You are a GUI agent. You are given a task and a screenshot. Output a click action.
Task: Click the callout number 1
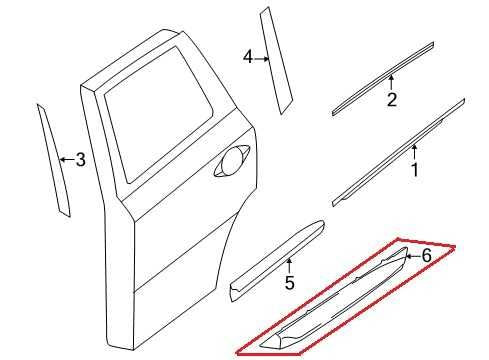click(x=414, y=170)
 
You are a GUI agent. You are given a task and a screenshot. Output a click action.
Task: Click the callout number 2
click(x=392, y=100)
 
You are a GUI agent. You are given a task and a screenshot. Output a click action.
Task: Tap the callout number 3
click(x=80, y=159)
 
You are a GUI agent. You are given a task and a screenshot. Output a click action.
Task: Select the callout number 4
click(x=247, y=58)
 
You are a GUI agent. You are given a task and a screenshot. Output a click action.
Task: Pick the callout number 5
click(x=289, y=284)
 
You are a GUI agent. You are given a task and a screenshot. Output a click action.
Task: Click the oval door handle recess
click(x=233, y=163)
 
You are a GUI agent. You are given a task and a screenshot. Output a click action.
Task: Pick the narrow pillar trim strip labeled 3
click(x=53, y=160)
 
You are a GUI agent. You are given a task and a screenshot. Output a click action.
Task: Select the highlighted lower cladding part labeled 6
click(x=340, y=305)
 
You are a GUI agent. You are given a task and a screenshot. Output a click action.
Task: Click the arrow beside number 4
click(x=262, y=58)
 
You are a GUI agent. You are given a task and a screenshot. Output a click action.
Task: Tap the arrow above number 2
click(x=392, y=82)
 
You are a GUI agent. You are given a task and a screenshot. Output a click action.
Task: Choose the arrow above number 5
click(x=288, y=267)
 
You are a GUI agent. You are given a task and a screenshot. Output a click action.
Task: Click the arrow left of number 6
click(x=409, y=257)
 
